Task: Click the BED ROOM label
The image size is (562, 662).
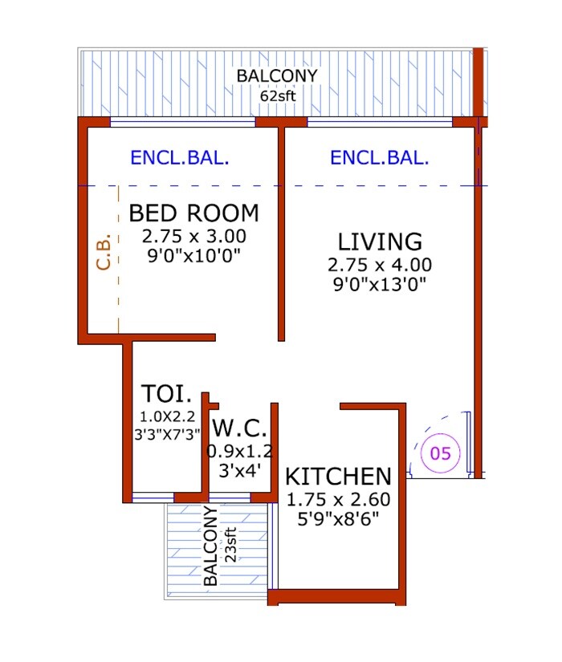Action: [x=193, y=213]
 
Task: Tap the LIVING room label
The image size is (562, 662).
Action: [x=379, y=242]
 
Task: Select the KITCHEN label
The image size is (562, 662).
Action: [x=339, y=476]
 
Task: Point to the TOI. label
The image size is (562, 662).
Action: [x=166, y=394]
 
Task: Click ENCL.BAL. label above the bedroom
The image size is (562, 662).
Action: [x=180, y=158]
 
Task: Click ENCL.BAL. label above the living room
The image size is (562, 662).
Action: [x=379, y=158]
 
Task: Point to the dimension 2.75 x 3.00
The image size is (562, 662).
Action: [x=193, y=237]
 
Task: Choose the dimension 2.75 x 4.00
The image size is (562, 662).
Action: [x=379, y=265]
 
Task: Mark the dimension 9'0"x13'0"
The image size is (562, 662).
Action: [x=379, y=283]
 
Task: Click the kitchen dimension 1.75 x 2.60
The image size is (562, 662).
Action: [x=338, y=499]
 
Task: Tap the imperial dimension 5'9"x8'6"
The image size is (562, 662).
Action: [x=338, y=518]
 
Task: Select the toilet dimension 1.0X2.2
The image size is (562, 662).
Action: [x=166, y=416]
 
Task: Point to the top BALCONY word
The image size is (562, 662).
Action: [x=277, y=76]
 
